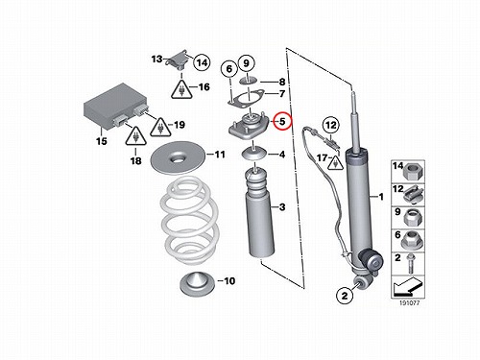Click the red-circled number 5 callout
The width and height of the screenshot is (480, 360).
(x=282, y=121)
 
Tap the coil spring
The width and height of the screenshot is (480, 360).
(x=189, y=220)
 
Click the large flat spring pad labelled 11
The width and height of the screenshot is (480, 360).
(x=178, y=157)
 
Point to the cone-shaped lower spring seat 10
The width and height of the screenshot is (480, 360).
(x=196, y=284)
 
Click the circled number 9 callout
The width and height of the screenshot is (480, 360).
(x=246, y=63)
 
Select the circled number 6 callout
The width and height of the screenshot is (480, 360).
(x=229, y=69)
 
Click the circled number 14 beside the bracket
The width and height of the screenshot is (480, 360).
(x=202, y=62)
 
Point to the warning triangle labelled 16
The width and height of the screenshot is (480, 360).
(x=181, y=89)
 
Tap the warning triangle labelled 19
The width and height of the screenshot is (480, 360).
(x=161, y=127)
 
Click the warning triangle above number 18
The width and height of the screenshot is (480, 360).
(x=136, y=135)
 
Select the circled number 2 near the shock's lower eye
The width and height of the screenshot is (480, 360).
(x=345, y=295)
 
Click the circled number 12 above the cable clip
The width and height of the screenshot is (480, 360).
(x=331, y=125)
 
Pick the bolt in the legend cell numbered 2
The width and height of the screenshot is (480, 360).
(x=410, y=264)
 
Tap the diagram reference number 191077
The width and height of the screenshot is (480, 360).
(x=409, y=302)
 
